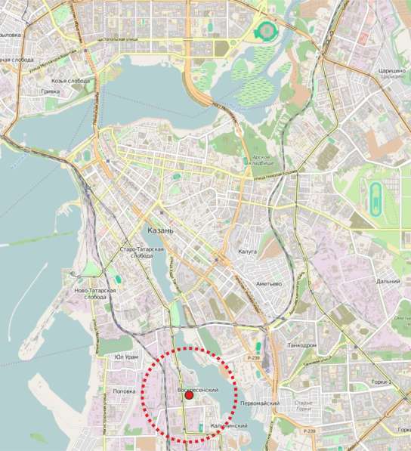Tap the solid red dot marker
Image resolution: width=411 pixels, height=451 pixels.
(190, 394)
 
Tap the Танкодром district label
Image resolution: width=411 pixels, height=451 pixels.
(302, 344)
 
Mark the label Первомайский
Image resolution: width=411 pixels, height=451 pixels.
(259, 403)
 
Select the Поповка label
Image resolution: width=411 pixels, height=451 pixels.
(124, 391)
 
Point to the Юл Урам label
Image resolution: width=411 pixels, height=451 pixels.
(126, 356)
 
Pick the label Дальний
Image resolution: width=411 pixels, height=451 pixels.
(388, 281)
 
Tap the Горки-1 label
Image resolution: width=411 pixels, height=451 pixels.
(392, 382)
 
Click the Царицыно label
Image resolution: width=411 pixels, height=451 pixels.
(393, 70)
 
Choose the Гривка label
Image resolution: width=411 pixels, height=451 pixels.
(50, 91)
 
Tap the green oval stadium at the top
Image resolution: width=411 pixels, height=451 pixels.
(266, 30)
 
